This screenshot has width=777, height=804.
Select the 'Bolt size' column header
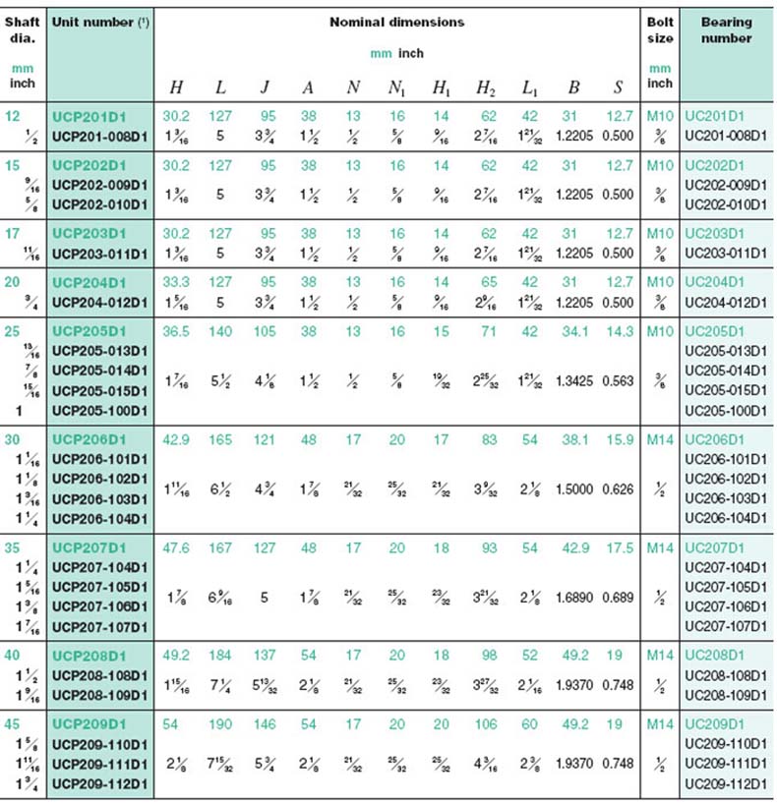tap(661, 29)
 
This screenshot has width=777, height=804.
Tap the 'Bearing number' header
tap(727, 29)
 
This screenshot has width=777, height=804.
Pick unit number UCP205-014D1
tap(99, 370)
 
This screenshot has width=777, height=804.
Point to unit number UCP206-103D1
tap(99, 499)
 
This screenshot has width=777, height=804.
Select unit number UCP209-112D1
tap(99, 782)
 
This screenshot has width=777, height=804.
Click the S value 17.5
tap(618, 546)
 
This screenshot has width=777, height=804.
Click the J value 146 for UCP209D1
tap(265, 725)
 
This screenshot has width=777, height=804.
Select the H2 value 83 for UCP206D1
tap(486, 440)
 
